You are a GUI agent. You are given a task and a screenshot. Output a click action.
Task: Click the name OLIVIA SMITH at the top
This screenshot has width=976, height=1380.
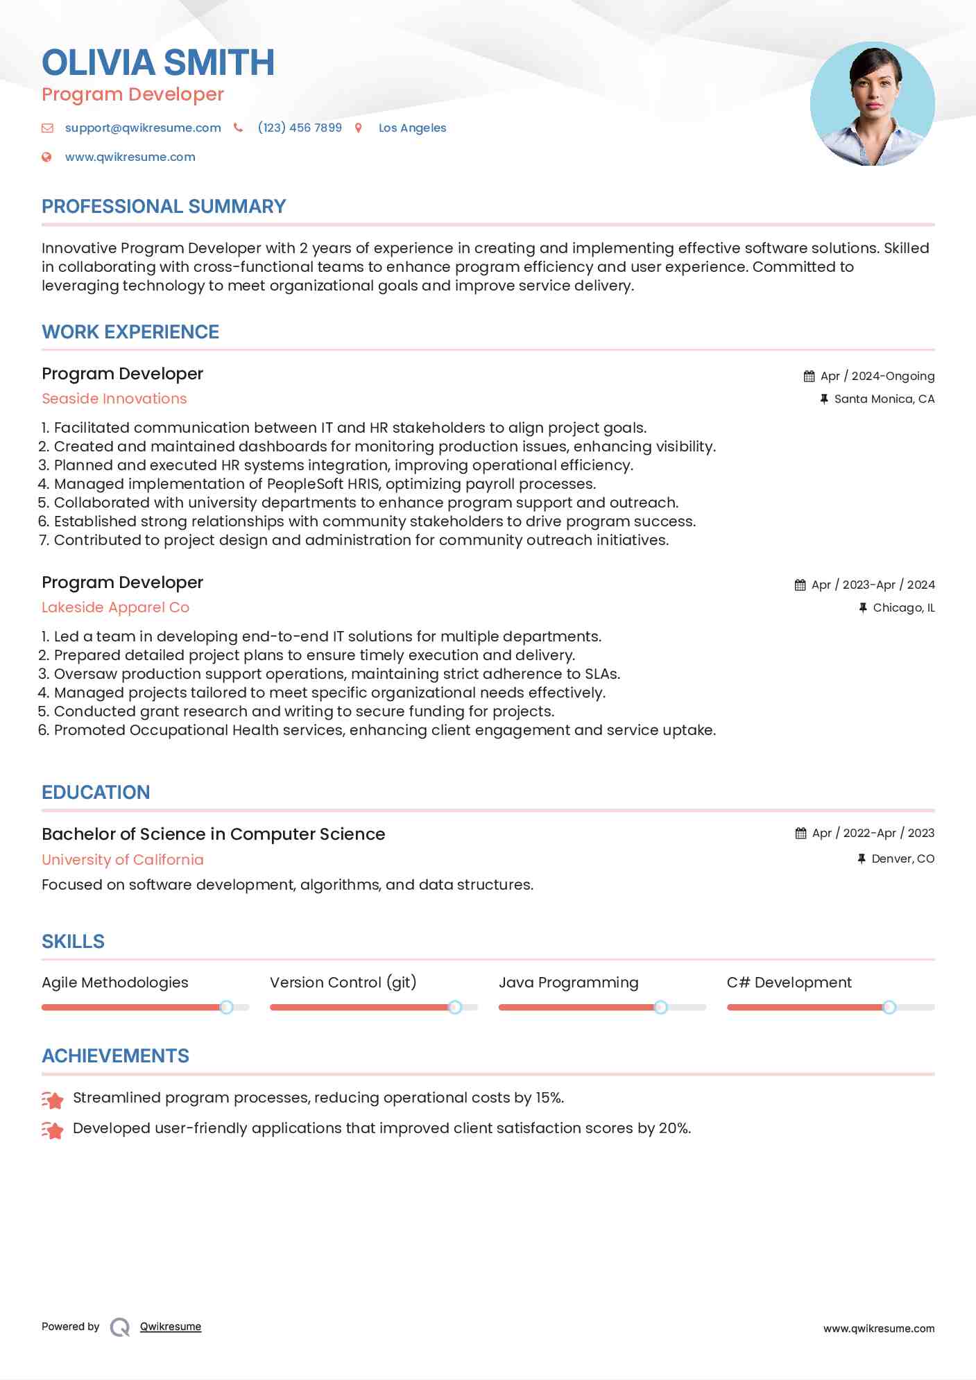point(158,62)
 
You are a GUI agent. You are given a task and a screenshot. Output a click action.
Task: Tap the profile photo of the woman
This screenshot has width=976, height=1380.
point(872,104)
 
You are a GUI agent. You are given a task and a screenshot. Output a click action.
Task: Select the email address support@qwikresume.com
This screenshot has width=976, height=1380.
point(143,128)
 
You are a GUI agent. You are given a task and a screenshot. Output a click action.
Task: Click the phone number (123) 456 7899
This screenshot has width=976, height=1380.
point(300,128)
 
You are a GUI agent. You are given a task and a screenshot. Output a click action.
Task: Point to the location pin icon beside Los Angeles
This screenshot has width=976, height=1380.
point(359,128)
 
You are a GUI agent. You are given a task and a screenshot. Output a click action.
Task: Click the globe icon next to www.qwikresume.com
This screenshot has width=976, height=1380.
point(46,157)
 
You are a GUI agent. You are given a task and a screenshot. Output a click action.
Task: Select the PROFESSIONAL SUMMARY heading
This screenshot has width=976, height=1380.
point(164,207)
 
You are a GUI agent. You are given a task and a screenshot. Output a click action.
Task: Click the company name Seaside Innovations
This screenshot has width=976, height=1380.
point(114,399)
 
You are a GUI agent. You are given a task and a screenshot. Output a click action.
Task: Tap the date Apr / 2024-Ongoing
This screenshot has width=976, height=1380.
point(877,376)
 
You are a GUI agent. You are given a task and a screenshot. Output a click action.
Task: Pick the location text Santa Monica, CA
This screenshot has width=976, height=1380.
point(884,399)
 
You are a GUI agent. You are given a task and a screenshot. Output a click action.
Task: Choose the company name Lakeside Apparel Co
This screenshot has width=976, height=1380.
point(115,607)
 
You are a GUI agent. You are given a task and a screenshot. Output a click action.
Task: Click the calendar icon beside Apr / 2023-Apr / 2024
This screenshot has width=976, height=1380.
point(801,585)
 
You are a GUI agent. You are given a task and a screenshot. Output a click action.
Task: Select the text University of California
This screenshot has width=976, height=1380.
point(123,860)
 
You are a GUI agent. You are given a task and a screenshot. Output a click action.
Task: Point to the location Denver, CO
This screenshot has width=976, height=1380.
point(902,859)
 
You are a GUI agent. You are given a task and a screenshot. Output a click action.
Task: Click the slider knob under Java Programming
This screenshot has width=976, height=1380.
point(660,1007)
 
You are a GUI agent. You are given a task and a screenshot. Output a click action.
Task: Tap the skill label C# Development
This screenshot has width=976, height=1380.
point(789,983)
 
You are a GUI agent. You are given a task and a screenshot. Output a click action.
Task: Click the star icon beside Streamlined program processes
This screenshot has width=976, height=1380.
point(53,1099)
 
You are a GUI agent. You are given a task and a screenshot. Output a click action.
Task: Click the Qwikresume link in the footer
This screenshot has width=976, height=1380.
point(171,1327)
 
